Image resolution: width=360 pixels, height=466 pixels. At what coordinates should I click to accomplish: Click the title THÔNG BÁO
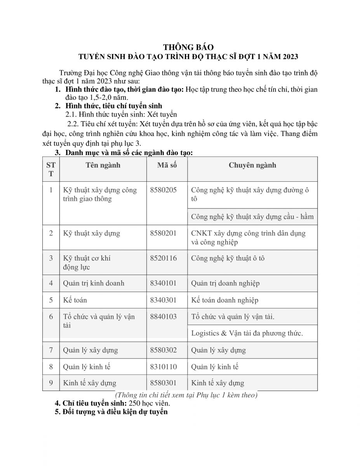188,47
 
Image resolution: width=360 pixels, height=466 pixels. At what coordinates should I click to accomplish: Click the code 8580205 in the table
163,190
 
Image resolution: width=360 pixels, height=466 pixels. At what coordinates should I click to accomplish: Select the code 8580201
163,233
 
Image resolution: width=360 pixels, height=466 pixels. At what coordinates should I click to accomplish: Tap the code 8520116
163,258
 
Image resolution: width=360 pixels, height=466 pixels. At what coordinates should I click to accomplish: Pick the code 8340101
163,283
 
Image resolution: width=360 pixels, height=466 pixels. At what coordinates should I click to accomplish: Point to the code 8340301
163,300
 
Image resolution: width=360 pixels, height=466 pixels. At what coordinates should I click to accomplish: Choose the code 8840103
163,317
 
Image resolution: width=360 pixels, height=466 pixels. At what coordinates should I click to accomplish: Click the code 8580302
163,350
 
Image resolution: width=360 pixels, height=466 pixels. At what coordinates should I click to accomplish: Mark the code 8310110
163,367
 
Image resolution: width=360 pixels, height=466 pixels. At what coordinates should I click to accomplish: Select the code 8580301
163,383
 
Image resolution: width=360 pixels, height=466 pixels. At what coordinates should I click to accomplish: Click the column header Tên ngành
103,165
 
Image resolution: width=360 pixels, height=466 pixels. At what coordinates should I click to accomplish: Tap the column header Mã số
167,165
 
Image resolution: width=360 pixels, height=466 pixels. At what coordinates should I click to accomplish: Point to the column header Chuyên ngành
252,165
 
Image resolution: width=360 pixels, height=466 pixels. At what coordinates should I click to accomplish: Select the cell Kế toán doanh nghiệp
225,300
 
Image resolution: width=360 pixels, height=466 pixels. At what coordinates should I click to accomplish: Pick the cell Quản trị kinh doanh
94,283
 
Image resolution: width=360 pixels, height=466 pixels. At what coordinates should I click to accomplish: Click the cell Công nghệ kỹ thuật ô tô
228,258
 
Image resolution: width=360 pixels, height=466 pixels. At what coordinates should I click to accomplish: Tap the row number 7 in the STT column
51,350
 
